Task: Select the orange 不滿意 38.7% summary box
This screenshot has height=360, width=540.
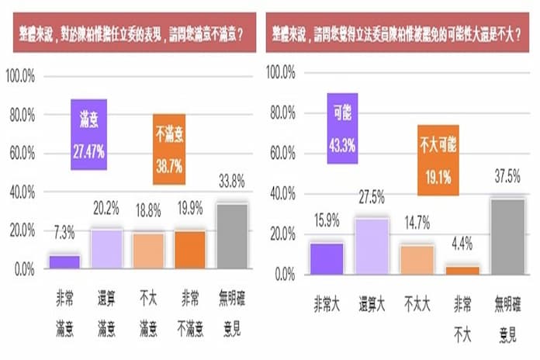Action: click(x=168, y=148)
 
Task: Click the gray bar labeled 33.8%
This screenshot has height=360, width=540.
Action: click(x=232, y=236)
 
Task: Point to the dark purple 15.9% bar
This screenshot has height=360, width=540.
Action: click(x=327, y=258)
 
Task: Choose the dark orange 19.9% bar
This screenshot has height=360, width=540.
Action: click(x=189, y=250)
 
